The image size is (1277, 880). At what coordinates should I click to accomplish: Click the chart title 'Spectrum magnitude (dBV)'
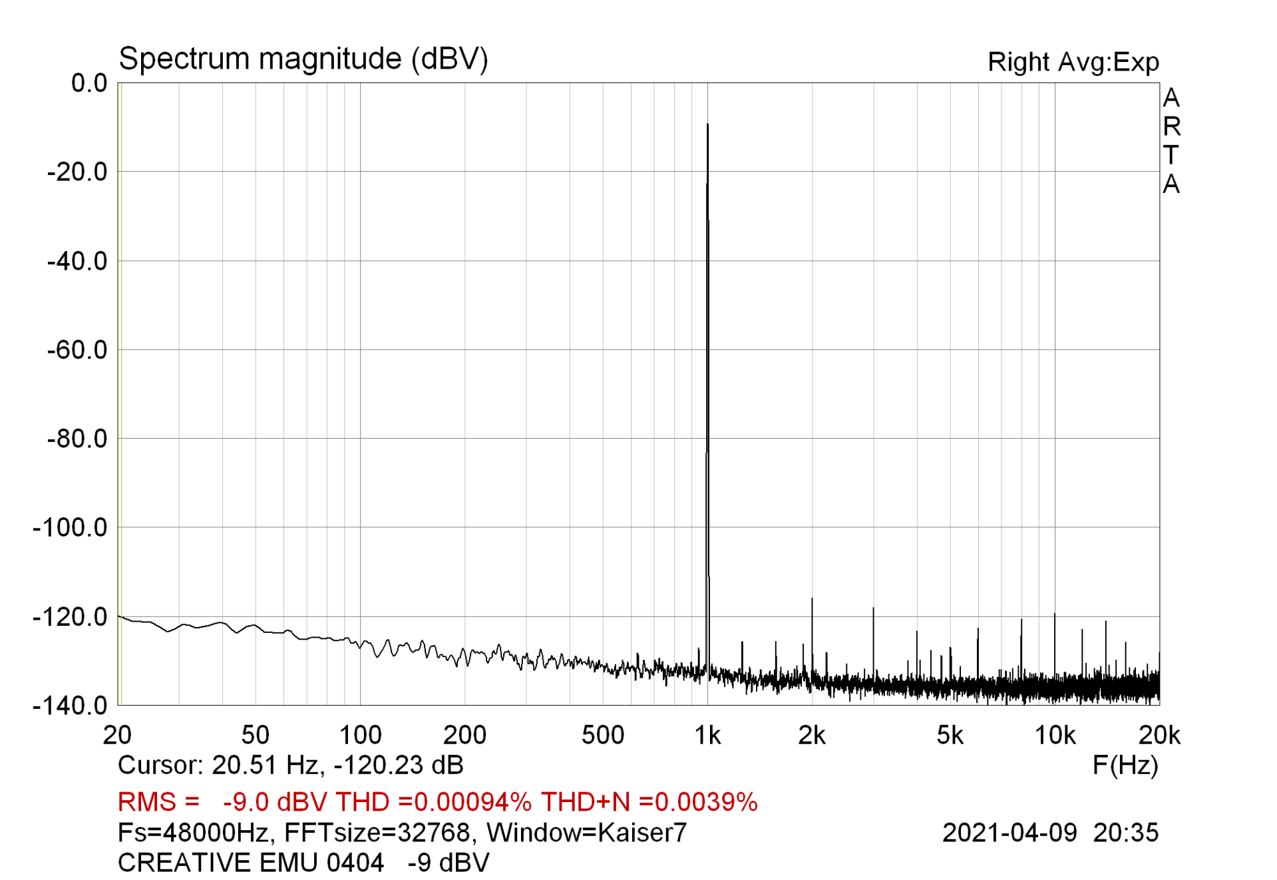(303, 59)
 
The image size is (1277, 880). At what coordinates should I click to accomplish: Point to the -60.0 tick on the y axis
(77, 349)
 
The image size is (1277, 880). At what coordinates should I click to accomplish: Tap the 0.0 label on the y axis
(89, 83)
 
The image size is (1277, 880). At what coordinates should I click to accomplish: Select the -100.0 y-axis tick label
(70, 528)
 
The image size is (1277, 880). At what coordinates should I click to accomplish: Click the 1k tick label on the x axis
(707, 736)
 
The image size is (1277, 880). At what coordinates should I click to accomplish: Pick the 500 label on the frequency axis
(603, 736)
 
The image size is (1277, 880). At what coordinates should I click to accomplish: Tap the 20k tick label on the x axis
(1159, 736)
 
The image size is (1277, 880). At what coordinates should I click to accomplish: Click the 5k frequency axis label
(950, 736)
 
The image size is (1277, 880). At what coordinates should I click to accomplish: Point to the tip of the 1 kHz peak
(707, 124)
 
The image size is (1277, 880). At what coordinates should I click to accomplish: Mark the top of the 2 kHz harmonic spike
(812, 599)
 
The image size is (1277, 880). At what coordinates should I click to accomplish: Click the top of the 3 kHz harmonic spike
(873, 608)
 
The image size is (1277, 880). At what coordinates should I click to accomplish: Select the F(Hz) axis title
(1125, 766)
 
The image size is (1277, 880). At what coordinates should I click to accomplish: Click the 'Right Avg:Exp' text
(1073, 62)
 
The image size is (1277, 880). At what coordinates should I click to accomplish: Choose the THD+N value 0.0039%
(706, 802)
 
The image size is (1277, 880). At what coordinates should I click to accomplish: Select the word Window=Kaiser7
(586, 833)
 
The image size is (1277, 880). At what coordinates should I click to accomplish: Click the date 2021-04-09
(1009, 833)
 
